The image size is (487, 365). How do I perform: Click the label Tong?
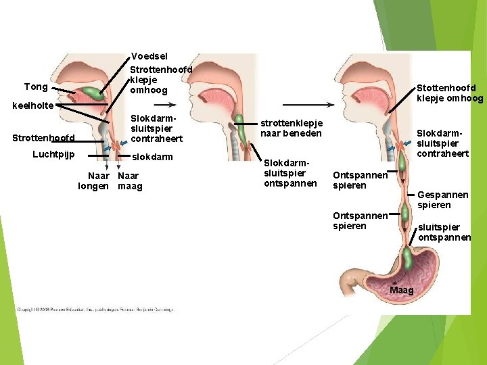[x=36, y=87]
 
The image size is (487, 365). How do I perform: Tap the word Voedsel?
[x=149, y=57]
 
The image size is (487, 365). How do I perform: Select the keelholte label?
[x=32, y=106]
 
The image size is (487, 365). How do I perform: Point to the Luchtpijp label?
[x=53, y=154]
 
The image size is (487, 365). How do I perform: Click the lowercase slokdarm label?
[x=152, y=157]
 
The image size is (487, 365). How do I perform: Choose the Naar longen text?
[x=94, y=181]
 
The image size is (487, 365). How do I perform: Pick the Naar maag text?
[x=130, y=181]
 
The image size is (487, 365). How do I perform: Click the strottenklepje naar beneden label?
[x=292, y=128]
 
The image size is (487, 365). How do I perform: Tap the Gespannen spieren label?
[x=434, y=199]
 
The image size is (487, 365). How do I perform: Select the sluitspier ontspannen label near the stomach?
[x=444, y=233]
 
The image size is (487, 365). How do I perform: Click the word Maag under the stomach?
[x=402, y=291]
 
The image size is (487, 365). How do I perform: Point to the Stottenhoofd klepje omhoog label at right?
[x=449, y=93]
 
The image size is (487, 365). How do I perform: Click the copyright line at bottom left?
[x=95, y=310]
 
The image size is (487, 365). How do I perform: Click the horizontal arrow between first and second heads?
[x=165, y=105]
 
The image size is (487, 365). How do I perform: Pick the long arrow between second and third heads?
[x=308, y=105]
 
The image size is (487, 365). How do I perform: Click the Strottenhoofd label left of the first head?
[x=43, y=139]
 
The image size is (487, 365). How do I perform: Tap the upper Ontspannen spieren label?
[x=360, y=180]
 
